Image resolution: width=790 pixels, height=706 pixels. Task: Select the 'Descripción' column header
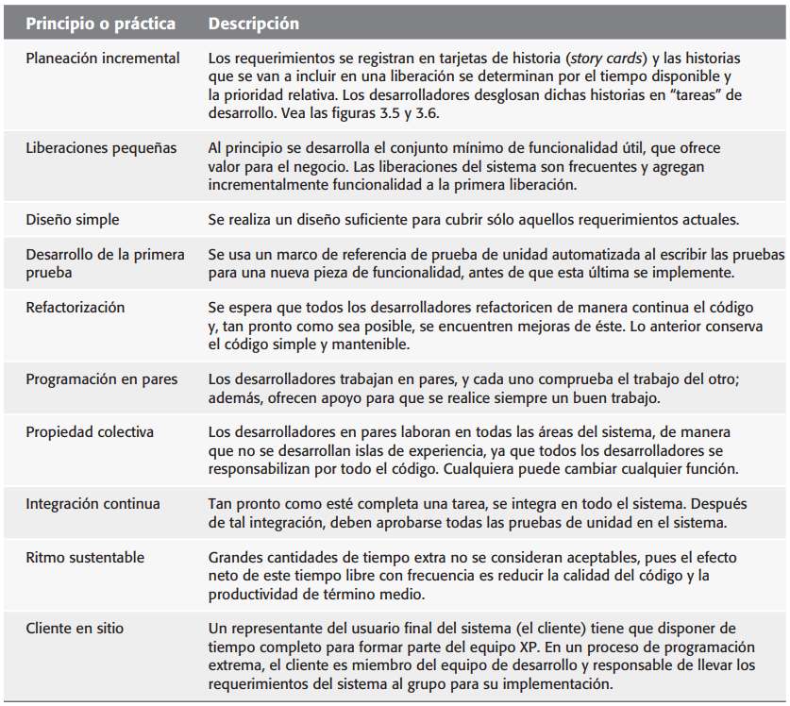tap(254, 22)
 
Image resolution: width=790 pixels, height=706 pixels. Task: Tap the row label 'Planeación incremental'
tap(103, 59)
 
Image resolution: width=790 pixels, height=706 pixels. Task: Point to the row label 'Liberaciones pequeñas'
tap(101, 148)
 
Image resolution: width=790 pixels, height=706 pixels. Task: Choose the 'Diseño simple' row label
tap(74, 220)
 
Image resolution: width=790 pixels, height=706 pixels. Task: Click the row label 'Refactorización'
tap(76, 308)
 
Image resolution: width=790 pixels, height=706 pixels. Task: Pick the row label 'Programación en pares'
tap(102, 379)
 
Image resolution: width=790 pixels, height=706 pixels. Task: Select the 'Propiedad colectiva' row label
tap(90, 432)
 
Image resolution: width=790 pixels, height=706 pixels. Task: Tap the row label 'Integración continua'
tap(93, 504)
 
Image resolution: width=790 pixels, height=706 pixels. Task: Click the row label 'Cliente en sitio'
tap(75, 628)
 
